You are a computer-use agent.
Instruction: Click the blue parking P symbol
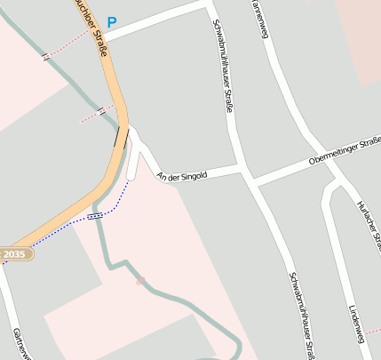click(x=111, y=22)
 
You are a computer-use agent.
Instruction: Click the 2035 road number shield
click(x=14, y=254)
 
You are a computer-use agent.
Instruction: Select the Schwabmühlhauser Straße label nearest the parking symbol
click(x=224, y=66)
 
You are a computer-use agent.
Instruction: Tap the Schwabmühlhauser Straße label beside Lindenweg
click(x=302, y=315)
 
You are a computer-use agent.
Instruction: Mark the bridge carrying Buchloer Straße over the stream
click(x=117, y=135)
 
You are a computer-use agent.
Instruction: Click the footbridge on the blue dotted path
click(x=95, y=215)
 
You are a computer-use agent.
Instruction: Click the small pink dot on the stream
click(x=140, y=281)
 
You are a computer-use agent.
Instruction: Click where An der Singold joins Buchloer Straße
click(x=130, y=133)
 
